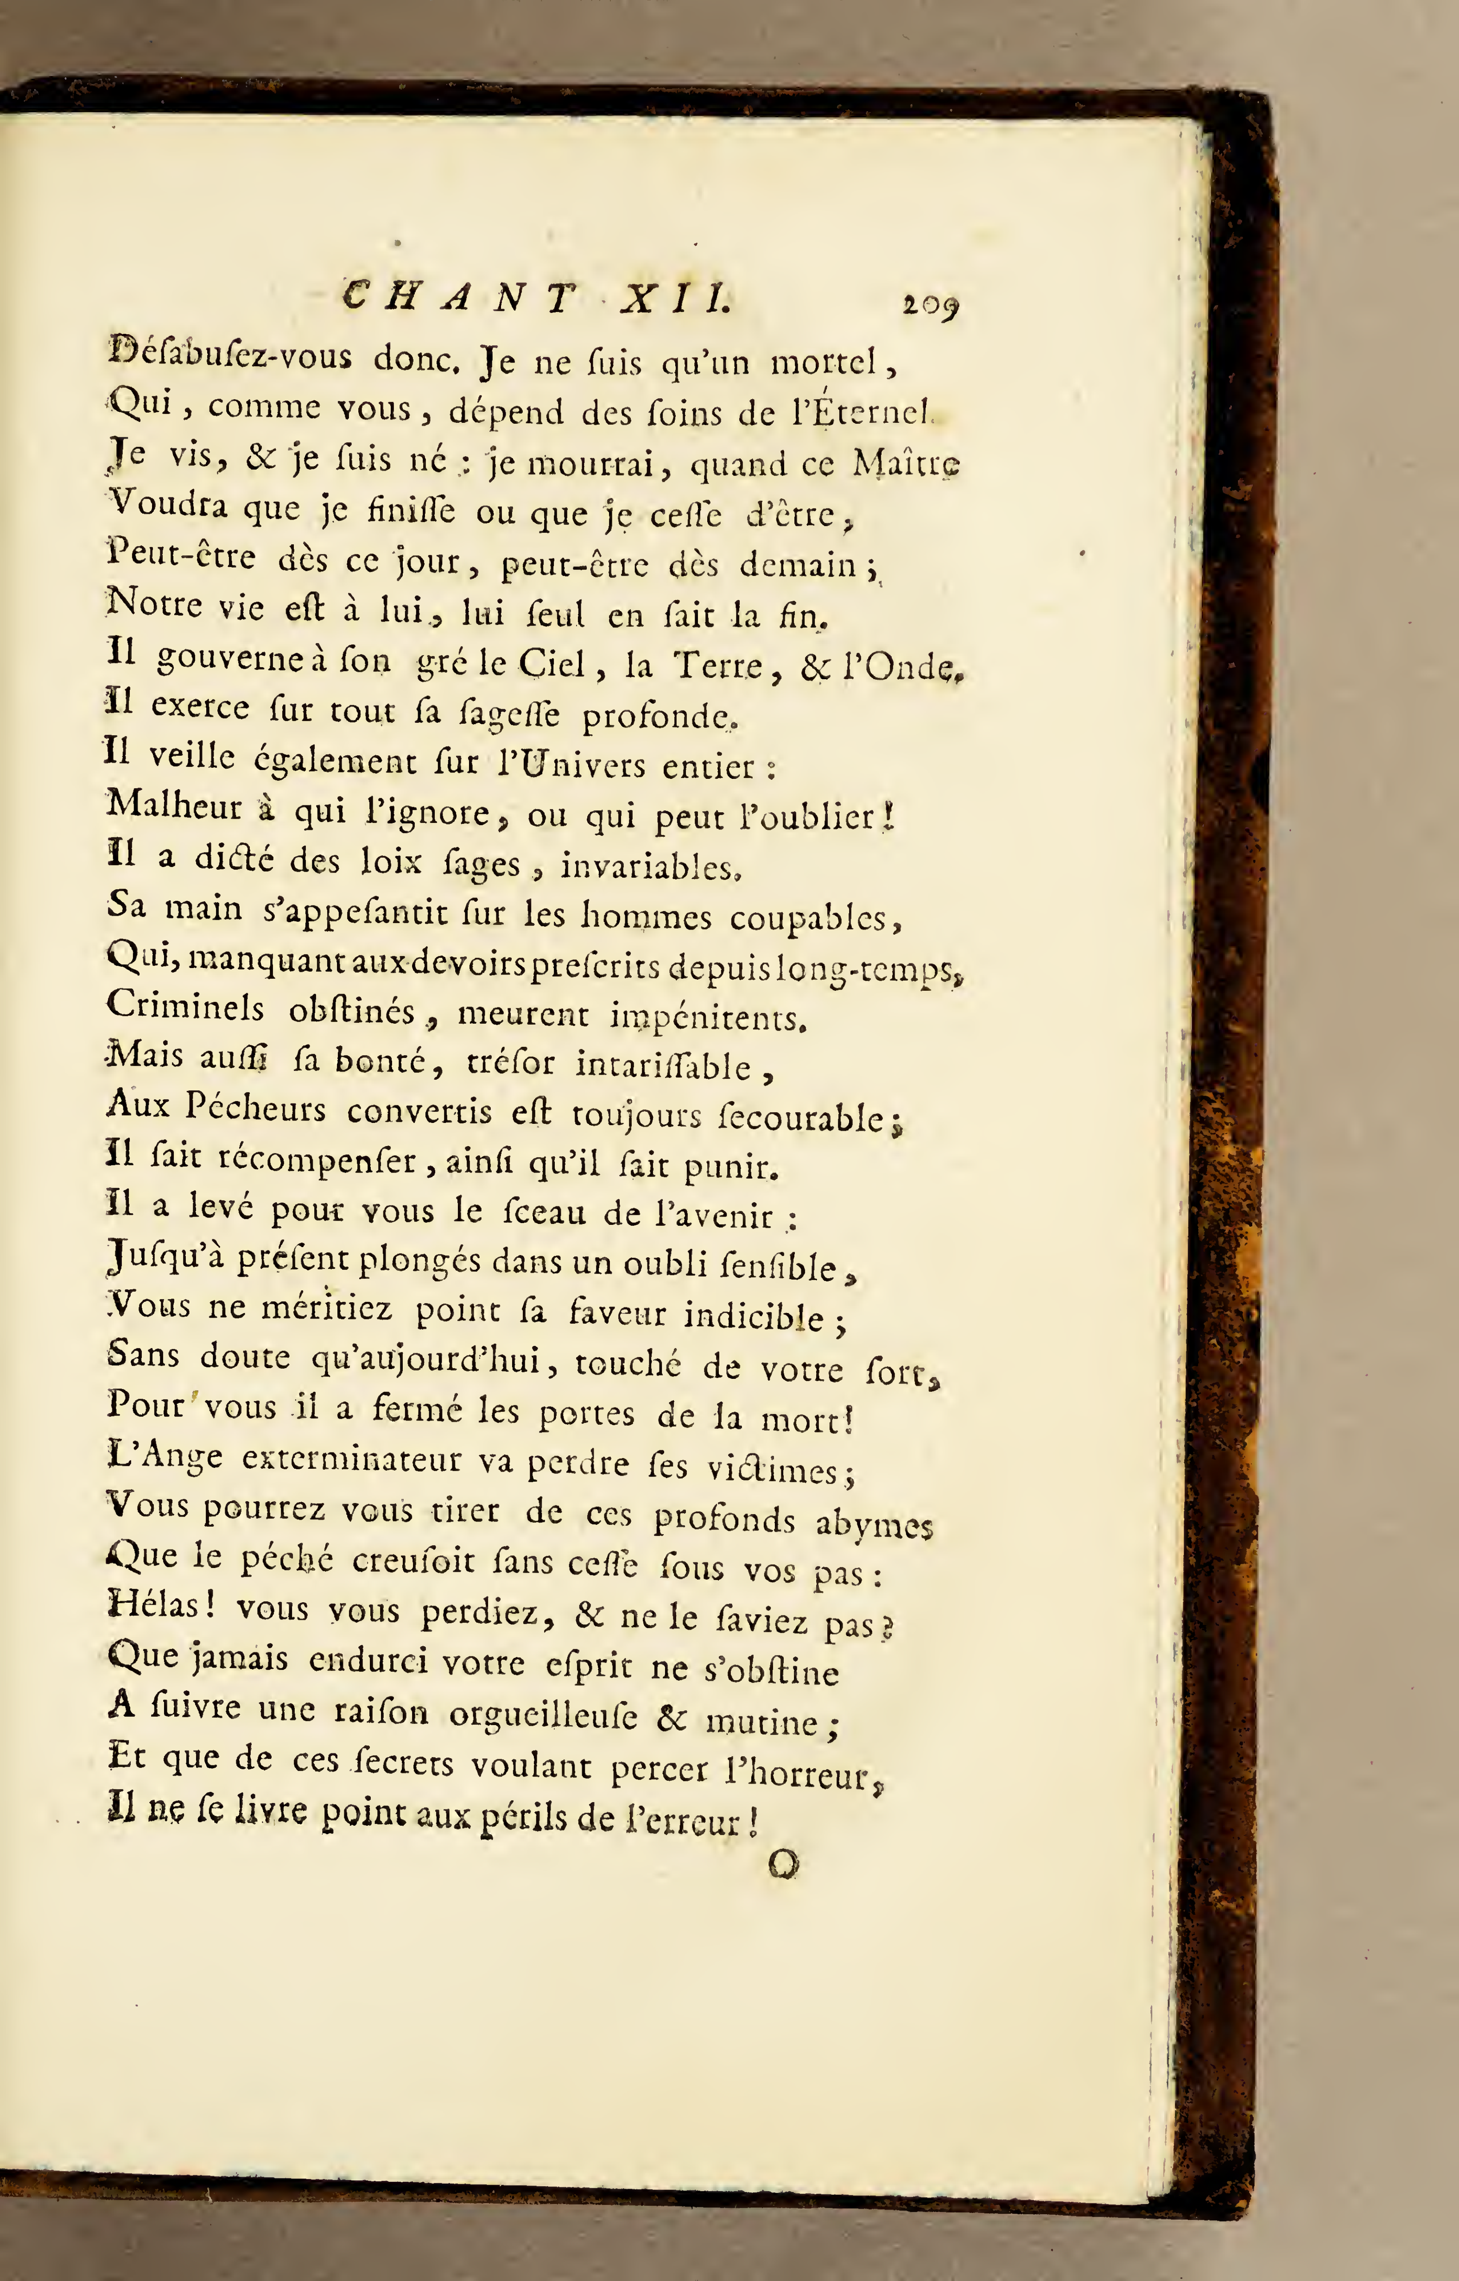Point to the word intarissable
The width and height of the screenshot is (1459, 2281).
click(x=663, y=1067)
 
